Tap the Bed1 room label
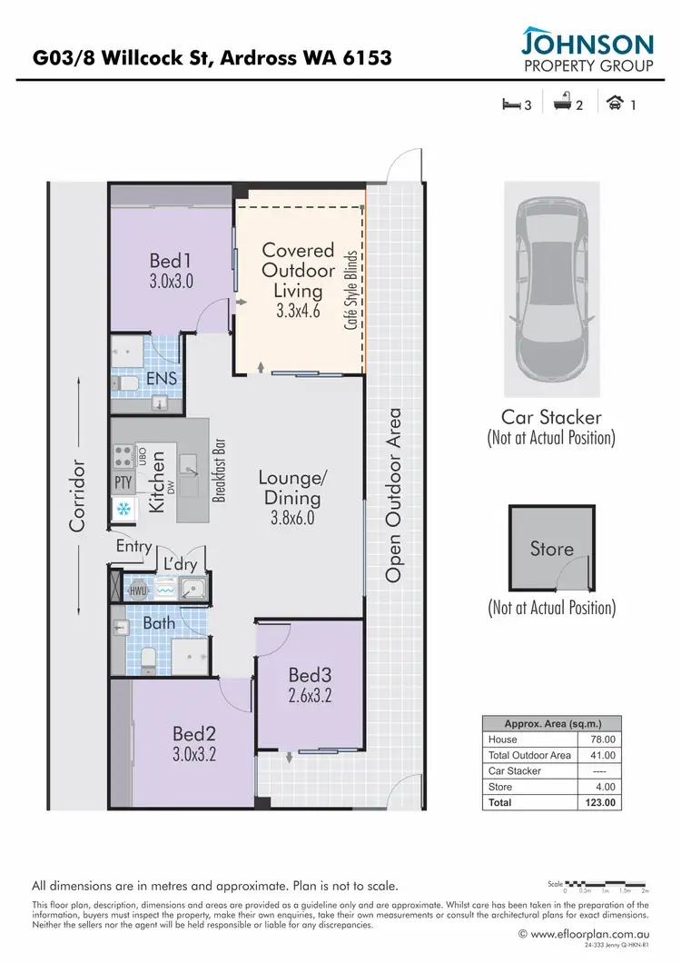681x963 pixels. point(172,262)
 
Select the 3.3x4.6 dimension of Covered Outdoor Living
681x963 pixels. point(299,311)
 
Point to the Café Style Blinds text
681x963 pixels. point(350,290)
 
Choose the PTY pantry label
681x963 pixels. point(123,481)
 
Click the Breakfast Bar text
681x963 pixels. point(218,470)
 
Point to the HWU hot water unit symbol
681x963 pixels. point(138,591)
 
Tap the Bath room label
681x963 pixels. point(159,623)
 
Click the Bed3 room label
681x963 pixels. point(310,676)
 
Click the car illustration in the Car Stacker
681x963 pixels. point(551,289)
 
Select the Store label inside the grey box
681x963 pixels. point(552,549)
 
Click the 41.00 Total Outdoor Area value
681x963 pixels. point(603,755)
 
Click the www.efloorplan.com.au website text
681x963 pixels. point(590,933)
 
